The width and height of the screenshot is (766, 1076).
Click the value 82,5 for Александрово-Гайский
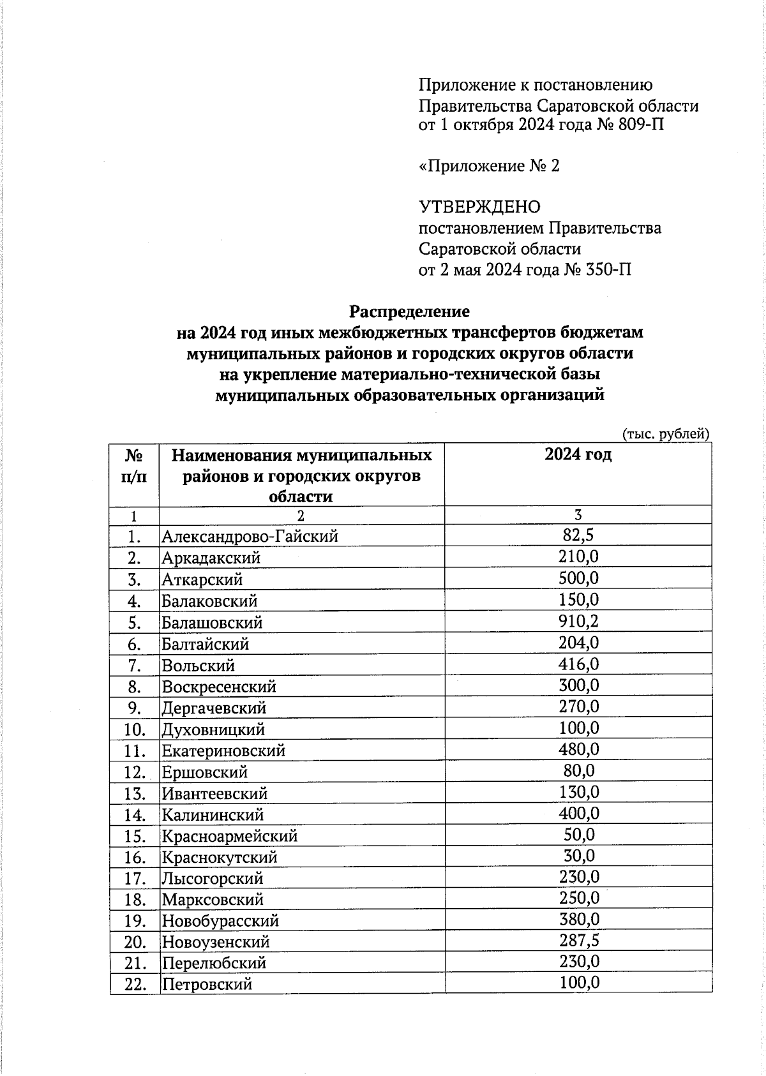[578, 535]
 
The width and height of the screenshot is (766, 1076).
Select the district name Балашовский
[212, 622]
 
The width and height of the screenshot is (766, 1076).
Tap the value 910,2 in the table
[578, 621]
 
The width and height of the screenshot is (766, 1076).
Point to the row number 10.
[135, 729]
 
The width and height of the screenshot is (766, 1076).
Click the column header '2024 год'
[578, 454]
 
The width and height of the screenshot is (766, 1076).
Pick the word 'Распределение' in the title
[409, 311]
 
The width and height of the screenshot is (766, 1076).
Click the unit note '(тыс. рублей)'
[666, 434]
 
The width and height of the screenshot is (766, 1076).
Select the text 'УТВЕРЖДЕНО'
[479, 207]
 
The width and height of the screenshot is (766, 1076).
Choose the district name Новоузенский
[216, 942]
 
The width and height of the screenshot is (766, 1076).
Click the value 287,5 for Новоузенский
[578, 940]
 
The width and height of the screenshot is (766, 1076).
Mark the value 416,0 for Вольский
[578, 664]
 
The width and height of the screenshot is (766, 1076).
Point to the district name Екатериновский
[223, 751]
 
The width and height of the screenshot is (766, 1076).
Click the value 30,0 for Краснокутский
[578, 855]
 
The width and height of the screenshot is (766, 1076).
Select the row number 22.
[135, 984]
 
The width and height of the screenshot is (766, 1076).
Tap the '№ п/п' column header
[133, 466]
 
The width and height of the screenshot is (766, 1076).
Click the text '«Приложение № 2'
[489, 166]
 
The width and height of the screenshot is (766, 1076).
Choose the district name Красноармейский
[230, 835]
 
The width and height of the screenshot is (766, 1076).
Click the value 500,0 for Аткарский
[578, 578]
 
